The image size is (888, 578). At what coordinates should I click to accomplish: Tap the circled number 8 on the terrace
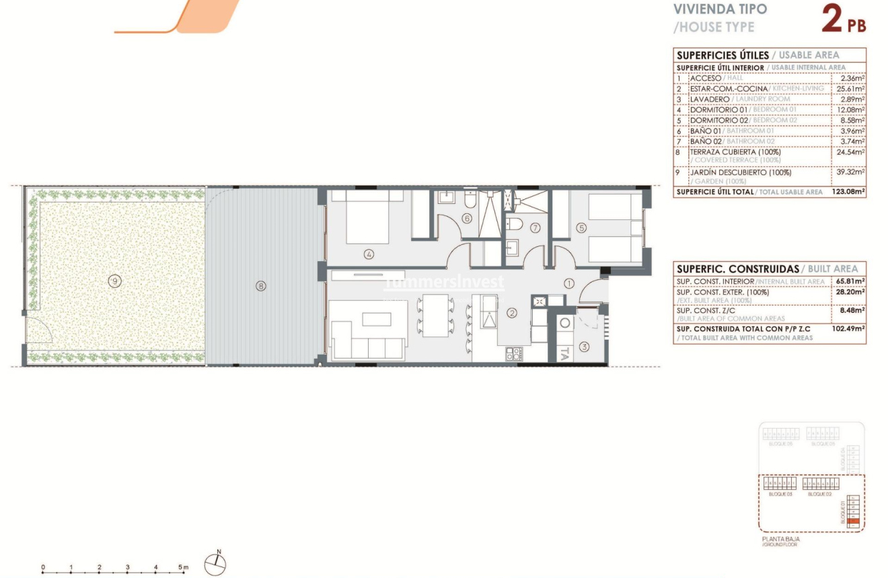pyautogui.click(x=261, y=286)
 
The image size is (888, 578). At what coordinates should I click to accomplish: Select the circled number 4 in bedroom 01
pyautogui.click(x=368, y=254)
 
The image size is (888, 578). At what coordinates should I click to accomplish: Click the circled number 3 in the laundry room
pyautogui.click(x=584, y=347)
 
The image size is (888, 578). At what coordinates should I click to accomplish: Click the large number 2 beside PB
pyautogui.click(x=832, y=20)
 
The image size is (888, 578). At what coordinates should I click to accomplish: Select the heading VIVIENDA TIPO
pyautogui.click(x=720, y=10)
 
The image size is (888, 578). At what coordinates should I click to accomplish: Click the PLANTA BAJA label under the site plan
pyautogui.click(x=781, y=539)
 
